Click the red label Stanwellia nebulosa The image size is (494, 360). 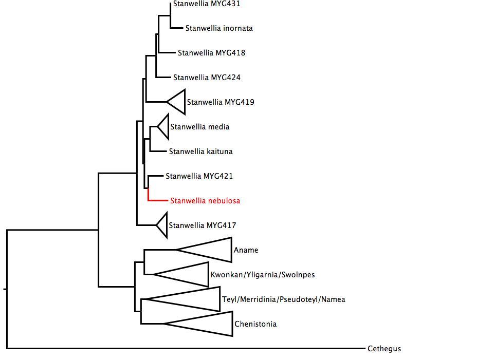coord(205,201)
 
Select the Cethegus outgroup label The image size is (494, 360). coord(384,349)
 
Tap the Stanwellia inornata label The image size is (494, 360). coord(219,28)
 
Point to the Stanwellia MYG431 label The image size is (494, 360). coord(199,4)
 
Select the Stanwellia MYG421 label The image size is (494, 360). coord(199,176)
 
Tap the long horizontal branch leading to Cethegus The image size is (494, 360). coord(185,348)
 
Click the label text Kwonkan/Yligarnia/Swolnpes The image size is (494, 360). coord(262,275)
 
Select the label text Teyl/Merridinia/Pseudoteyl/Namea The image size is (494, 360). coord(283,299)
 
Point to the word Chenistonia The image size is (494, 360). coord(255,324)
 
